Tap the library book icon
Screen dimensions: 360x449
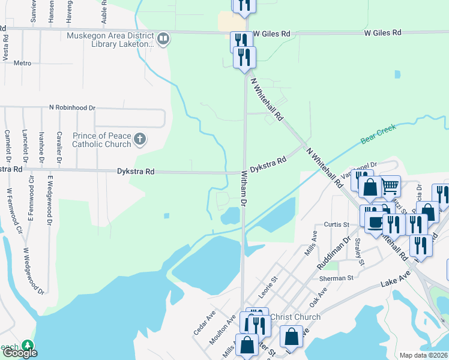pos(163,39)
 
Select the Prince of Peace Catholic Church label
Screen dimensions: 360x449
pos(101,140)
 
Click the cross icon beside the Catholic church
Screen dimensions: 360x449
pos(140,140)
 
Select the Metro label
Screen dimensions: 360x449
pos(22,63)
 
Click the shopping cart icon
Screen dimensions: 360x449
pos(390,186)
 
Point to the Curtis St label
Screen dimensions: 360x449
pos(336,224)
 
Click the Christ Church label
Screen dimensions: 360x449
pos(295,317)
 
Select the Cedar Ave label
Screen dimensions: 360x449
pos(204,324)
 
